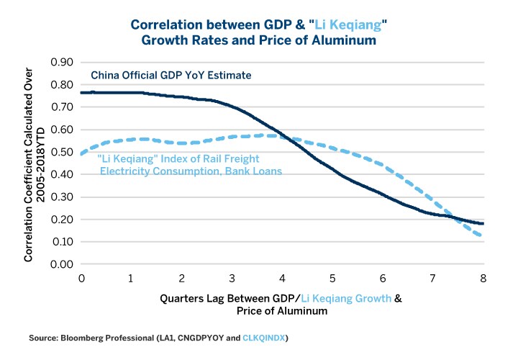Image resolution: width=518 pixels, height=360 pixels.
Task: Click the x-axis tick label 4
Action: tap(282, 278)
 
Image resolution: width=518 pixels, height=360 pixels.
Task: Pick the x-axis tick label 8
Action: tap(483, 278)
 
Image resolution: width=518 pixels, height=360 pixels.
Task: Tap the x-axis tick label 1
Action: tap(132, 278)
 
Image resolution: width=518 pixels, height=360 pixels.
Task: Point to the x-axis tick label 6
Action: tap(383, 278)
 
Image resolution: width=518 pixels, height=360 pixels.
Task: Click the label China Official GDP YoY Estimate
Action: tap(169, 75)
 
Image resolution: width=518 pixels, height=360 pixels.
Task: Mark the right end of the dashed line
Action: tap(482, 236)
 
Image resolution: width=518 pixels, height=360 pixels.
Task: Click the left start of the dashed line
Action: tap(81, 154)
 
